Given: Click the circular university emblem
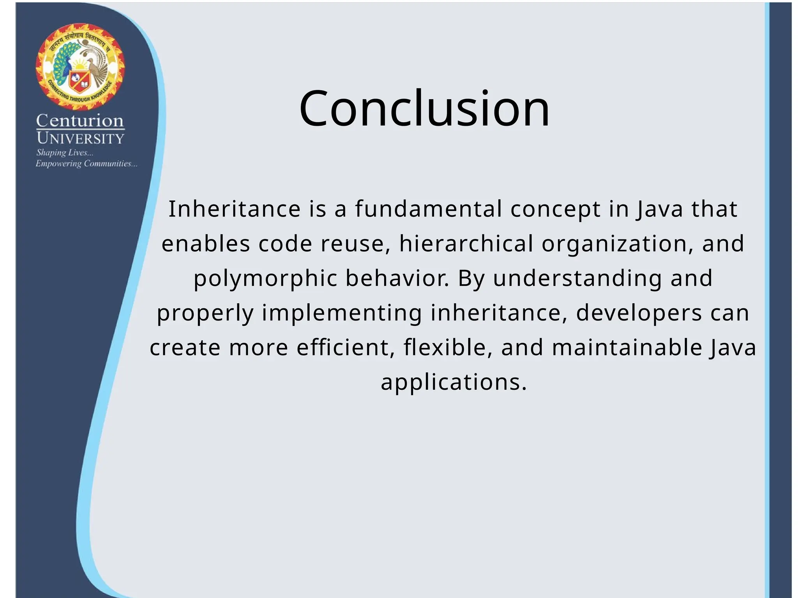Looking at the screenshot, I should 80,67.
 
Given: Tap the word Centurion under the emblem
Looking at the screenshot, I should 80,121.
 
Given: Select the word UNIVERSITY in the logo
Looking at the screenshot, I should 80,138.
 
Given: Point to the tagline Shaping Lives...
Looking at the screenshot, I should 65,153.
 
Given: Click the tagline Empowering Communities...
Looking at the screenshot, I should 86,164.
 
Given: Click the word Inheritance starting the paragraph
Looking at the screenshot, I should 234,209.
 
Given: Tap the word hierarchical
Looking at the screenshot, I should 466,244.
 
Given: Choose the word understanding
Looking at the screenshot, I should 577,279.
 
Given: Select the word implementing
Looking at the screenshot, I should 342,313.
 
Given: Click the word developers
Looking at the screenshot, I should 639,313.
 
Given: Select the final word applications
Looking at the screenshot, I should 454,382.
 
